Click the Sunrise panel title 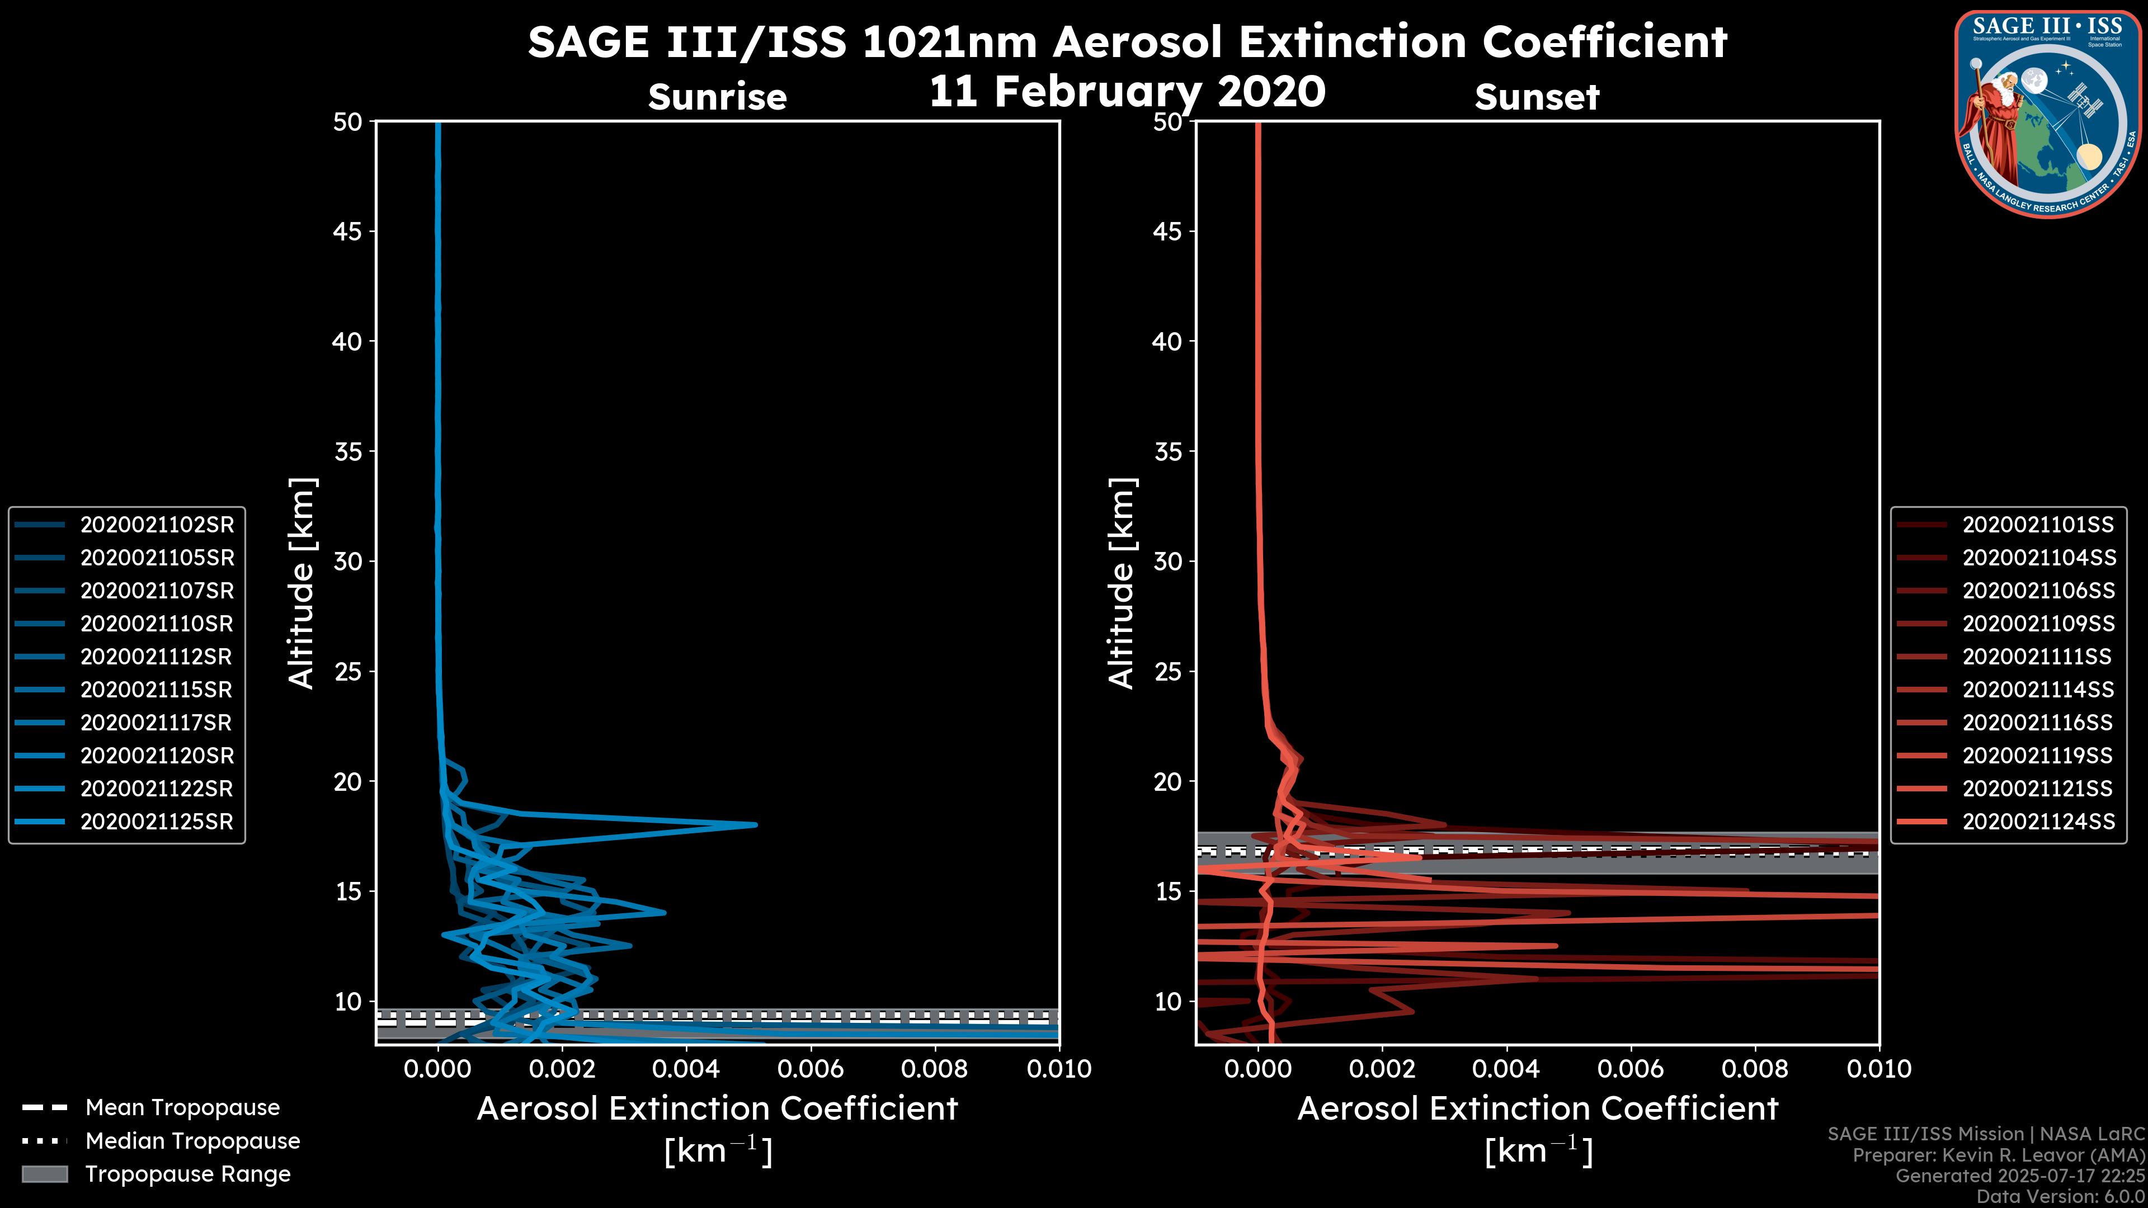coord(717,97)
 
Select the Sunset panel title coord(1537,97)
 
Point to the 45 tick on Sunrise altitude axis coord(348,232)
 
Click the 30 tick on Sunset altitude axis coord(1168,562)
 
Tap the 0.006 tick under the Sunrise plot coord(811,1069)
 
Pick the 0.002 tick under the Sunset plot coord(1383,1069)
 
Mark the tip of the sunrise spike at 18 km coord(756,824)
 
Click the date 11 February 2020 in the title coord(1127,92)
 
